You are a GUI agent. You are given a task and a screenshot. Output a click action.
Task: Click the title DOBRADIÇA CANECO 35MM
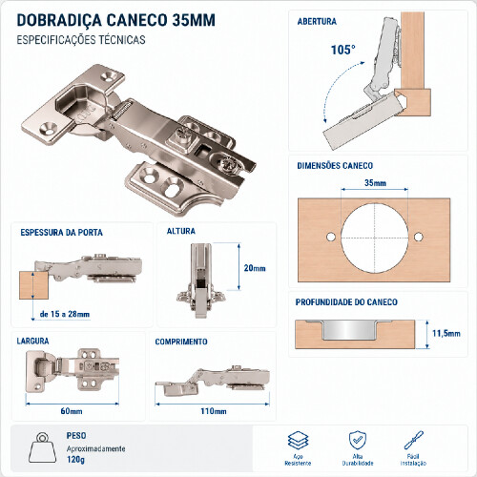click(x=116, y=20)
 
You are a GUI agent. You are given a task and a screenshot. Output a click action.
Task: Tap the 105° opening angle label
click(x=342, y=50)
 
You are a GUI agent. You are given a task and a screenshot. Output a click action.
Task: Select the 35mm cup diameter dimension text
click(x=375, y=183)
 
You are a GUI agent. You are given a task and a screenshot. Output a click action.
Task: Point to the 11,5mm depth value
click(x=446, y=333)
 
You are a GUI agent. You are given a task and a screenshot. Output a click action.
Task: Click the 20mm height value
click(x=255, y=268)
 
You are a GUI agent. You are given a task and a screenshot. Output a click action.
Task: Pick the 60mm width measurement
click(x=72, y=411)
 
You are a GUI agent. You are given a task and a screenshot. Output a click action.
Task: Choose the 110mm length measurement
click(x=214, y=411)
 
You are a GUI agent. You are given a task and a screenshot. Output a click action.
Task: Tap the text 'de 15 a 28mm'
click(x=65, y=314)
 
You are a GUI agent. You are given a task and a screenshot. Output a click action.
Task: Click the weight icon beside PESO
click(x=42, y=448)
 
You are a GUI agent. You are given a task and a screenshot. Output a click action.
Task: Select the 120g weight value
click(x=75, y=460)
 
